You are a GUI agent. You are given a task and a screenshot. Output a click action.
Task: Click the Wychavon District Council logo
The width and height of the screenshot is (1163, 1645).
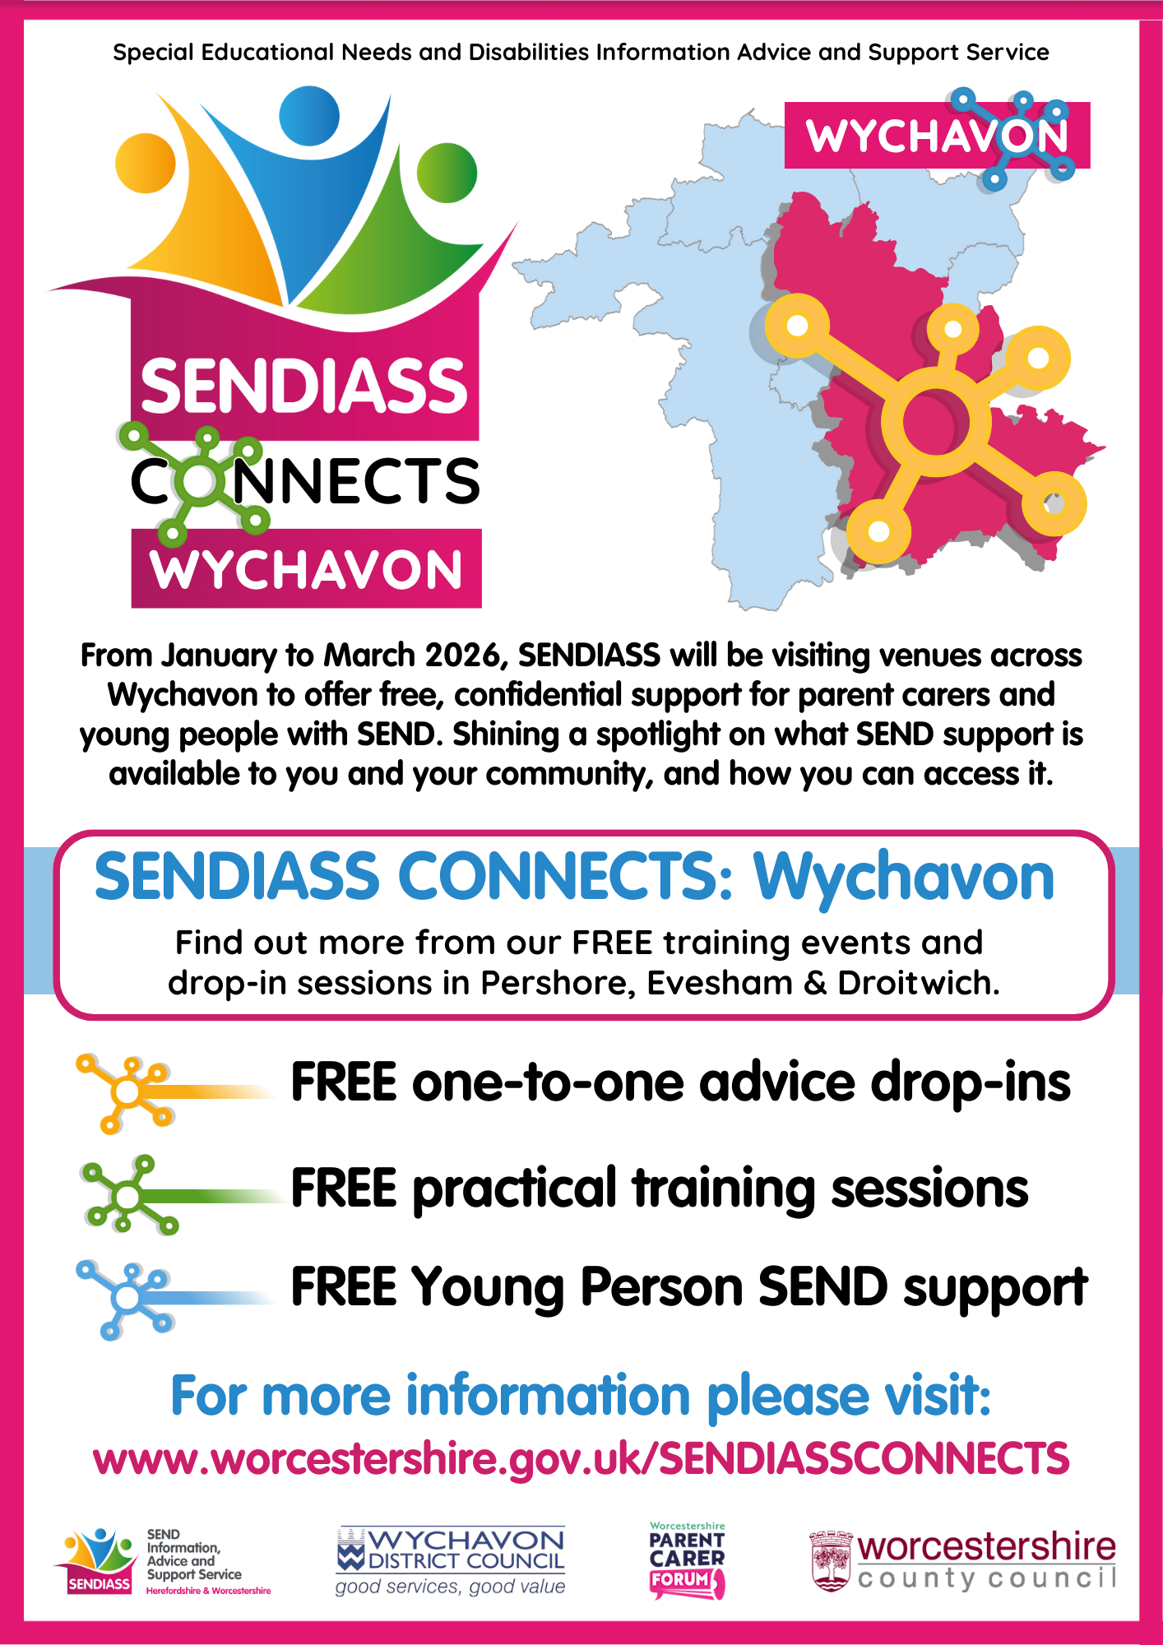coord(451,1562)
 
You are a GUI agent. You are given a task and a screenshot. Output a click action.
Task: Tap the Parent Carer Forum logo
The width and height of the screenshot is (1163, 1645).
coord(688,1560)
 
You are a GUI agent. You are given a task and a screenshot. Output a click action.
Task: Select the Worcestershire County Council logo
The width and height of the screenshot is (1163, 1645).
coord(963,1560)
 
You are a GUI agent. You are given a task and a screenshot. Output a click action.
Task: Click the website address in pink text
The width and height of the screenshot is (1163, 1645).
coord(581,1458)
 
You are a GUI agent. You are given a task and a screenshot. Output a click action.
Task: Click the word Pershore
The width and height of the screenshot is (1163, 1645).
coord(558,983)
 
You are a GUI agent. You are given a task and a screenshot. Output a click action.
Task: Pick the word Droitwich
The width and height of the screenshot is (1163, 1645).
coord(918,983)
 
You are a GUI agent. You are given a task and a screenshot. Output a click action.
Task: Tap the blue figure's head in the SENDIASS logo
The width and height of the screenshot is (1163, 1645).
coord(309,116)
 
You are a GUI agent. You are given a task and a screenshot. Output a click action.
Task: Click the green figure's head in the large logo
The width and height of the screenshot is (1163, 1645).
coord(447,173)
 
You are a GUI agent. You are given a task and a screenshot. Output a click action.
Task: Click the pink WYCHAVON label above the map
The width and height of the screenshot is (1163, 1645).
coord(937,136)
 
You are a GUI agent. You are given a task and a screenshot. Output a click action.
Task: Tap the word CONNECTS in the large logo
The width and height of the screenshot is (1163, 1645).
coord(305,481)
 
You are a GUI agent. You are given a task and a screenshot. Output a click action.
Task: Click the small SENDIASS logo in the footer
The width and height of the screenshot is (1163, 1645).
coord(162,1562)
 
